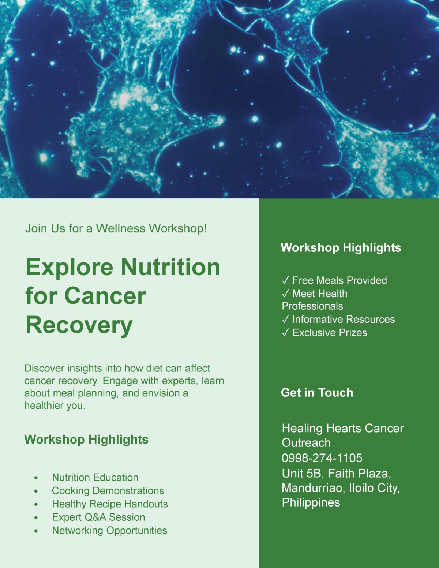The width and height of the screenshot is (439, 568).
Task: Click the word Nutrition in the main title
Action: click(x=170, y=267)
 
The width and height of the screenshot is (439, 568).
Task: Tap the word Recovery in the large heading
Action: click(x=79, y=325)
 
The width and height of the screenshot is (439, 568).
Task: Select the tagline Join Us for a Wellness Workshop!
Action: click(x=116, y=228)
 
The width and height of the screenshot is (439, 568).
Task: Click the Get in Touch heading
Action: click(x=317, y=393)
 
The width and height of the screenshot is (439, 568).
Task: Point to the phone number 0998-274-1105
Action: click(x=322, y=458)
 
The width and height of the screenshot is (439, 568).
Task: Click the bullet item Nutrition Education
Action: click(x=95, y=477)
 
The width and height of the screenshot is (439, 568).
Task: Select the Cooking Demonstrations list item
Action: click(x=108, y=490)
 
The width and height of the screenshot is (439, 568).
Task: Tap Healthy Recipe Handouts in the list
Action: click(x=110, y=504)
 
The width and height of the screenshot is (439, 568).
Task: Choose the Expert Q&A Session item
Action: click(x=98, y=517)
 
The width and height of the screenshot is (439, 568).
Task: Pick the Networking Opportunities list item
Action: click(x=109, y=530)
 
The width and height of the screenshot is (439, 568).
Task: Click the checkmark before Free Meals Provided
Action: click(x=285, y=281)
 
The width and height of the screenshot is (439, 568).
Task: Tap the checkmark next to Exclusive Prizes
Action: click(x=285, y=333)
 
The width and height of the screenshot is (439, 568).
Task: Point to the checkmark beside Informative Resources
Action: click(x=285, y=319)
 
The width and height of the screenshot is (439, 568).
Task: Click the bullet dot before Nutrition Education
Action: click(x=36, y=478)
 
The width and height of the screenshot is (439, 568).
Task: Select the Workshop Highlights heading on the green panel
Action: click(x=341, y=248)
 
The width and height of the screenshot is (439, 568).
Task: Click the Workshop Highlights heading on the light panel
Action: click(x=86, y=440)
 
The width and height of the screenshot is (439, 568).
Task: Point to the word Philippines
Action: click(x=311, y=502)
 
